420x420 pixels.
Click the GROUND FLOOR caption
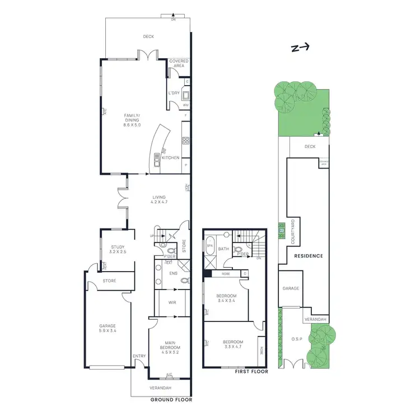[x=171, y=400]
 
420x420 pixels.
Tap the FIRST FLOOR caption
[x=251, y=371]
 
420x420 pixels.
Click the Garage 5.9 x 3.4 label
[x=108, y=328]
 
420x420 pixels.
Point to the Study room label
[x=118, y=249]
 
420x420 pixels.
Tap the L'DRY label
[x=174, y=93]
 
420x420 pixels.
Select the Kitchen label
[x=170, y=158]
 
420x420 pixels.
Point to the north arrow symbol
[x=300, y=48]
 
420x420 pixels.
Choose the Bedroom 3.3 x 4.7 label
[x=232, y=344]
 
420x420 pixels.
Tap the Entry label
[x=139, y=356]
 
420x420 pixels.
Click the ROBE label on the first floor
[x=226, y=274]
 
